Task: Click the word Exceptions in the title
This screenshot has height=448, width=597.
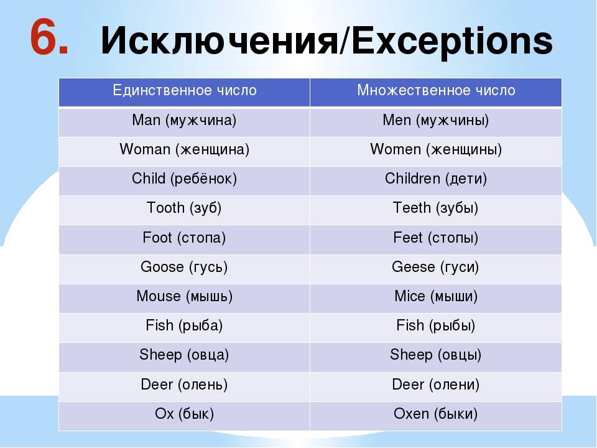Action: click(451, 41)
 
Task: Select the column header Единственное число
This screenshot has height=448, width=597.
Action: click(184, 90)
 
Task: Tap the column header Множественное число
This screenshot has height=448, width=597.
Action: click(436, 90)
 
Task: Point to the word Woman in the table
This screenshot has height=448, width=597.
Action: click(145, 149)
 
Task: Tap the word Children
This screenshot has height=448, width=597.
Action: click(412, 178)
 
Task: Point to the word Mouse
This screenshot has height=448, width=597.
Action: click(159, 296)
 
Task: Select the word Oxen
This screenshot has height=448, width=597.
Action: click(411, 414)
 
